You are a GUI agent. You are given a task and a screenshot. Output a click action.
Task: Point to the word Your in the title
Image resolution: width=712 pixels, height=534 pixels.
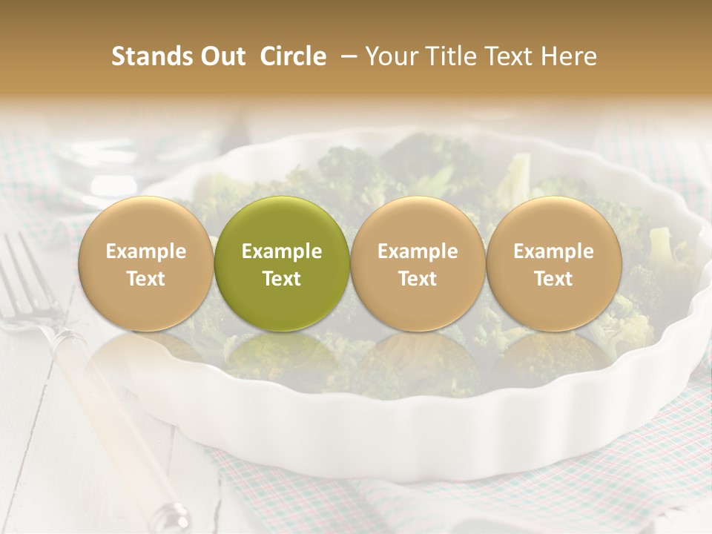(x=390, y=56)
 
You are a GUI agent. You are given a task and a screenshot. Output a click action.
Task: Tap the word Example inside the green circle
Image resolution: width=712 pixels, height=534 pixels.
(x=282, y=251)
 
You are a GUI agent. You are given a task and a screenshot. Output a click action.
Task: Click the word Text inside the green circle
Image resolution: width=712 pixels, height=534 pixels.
(x=282, y=279)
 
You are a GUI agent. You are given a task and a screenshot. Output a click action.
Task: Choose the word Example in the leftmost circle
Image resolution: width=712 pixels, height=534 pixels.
(x=146, y=251)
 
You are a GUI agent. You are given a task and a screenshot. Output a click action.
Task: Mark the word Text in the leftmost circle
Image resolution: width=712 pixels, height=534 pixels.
(x=146, y=279)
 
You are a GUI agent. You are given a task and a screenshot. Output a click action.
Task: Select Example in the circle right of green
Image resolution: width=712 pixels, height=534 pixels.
(x=418, y=251)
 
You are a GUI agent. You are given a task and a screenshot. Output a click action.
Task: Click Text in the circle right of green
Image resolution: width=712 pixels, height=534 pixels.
(x=418, y=279)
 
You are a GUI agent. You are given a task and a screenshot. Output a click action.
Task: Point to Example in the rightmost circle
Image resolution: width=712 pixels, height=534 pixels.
(x=553, y=251)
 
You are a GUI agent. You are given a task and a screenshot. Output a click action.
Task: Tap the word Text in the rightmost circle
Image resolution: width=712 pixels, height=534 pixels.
(x=553, y=279)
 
